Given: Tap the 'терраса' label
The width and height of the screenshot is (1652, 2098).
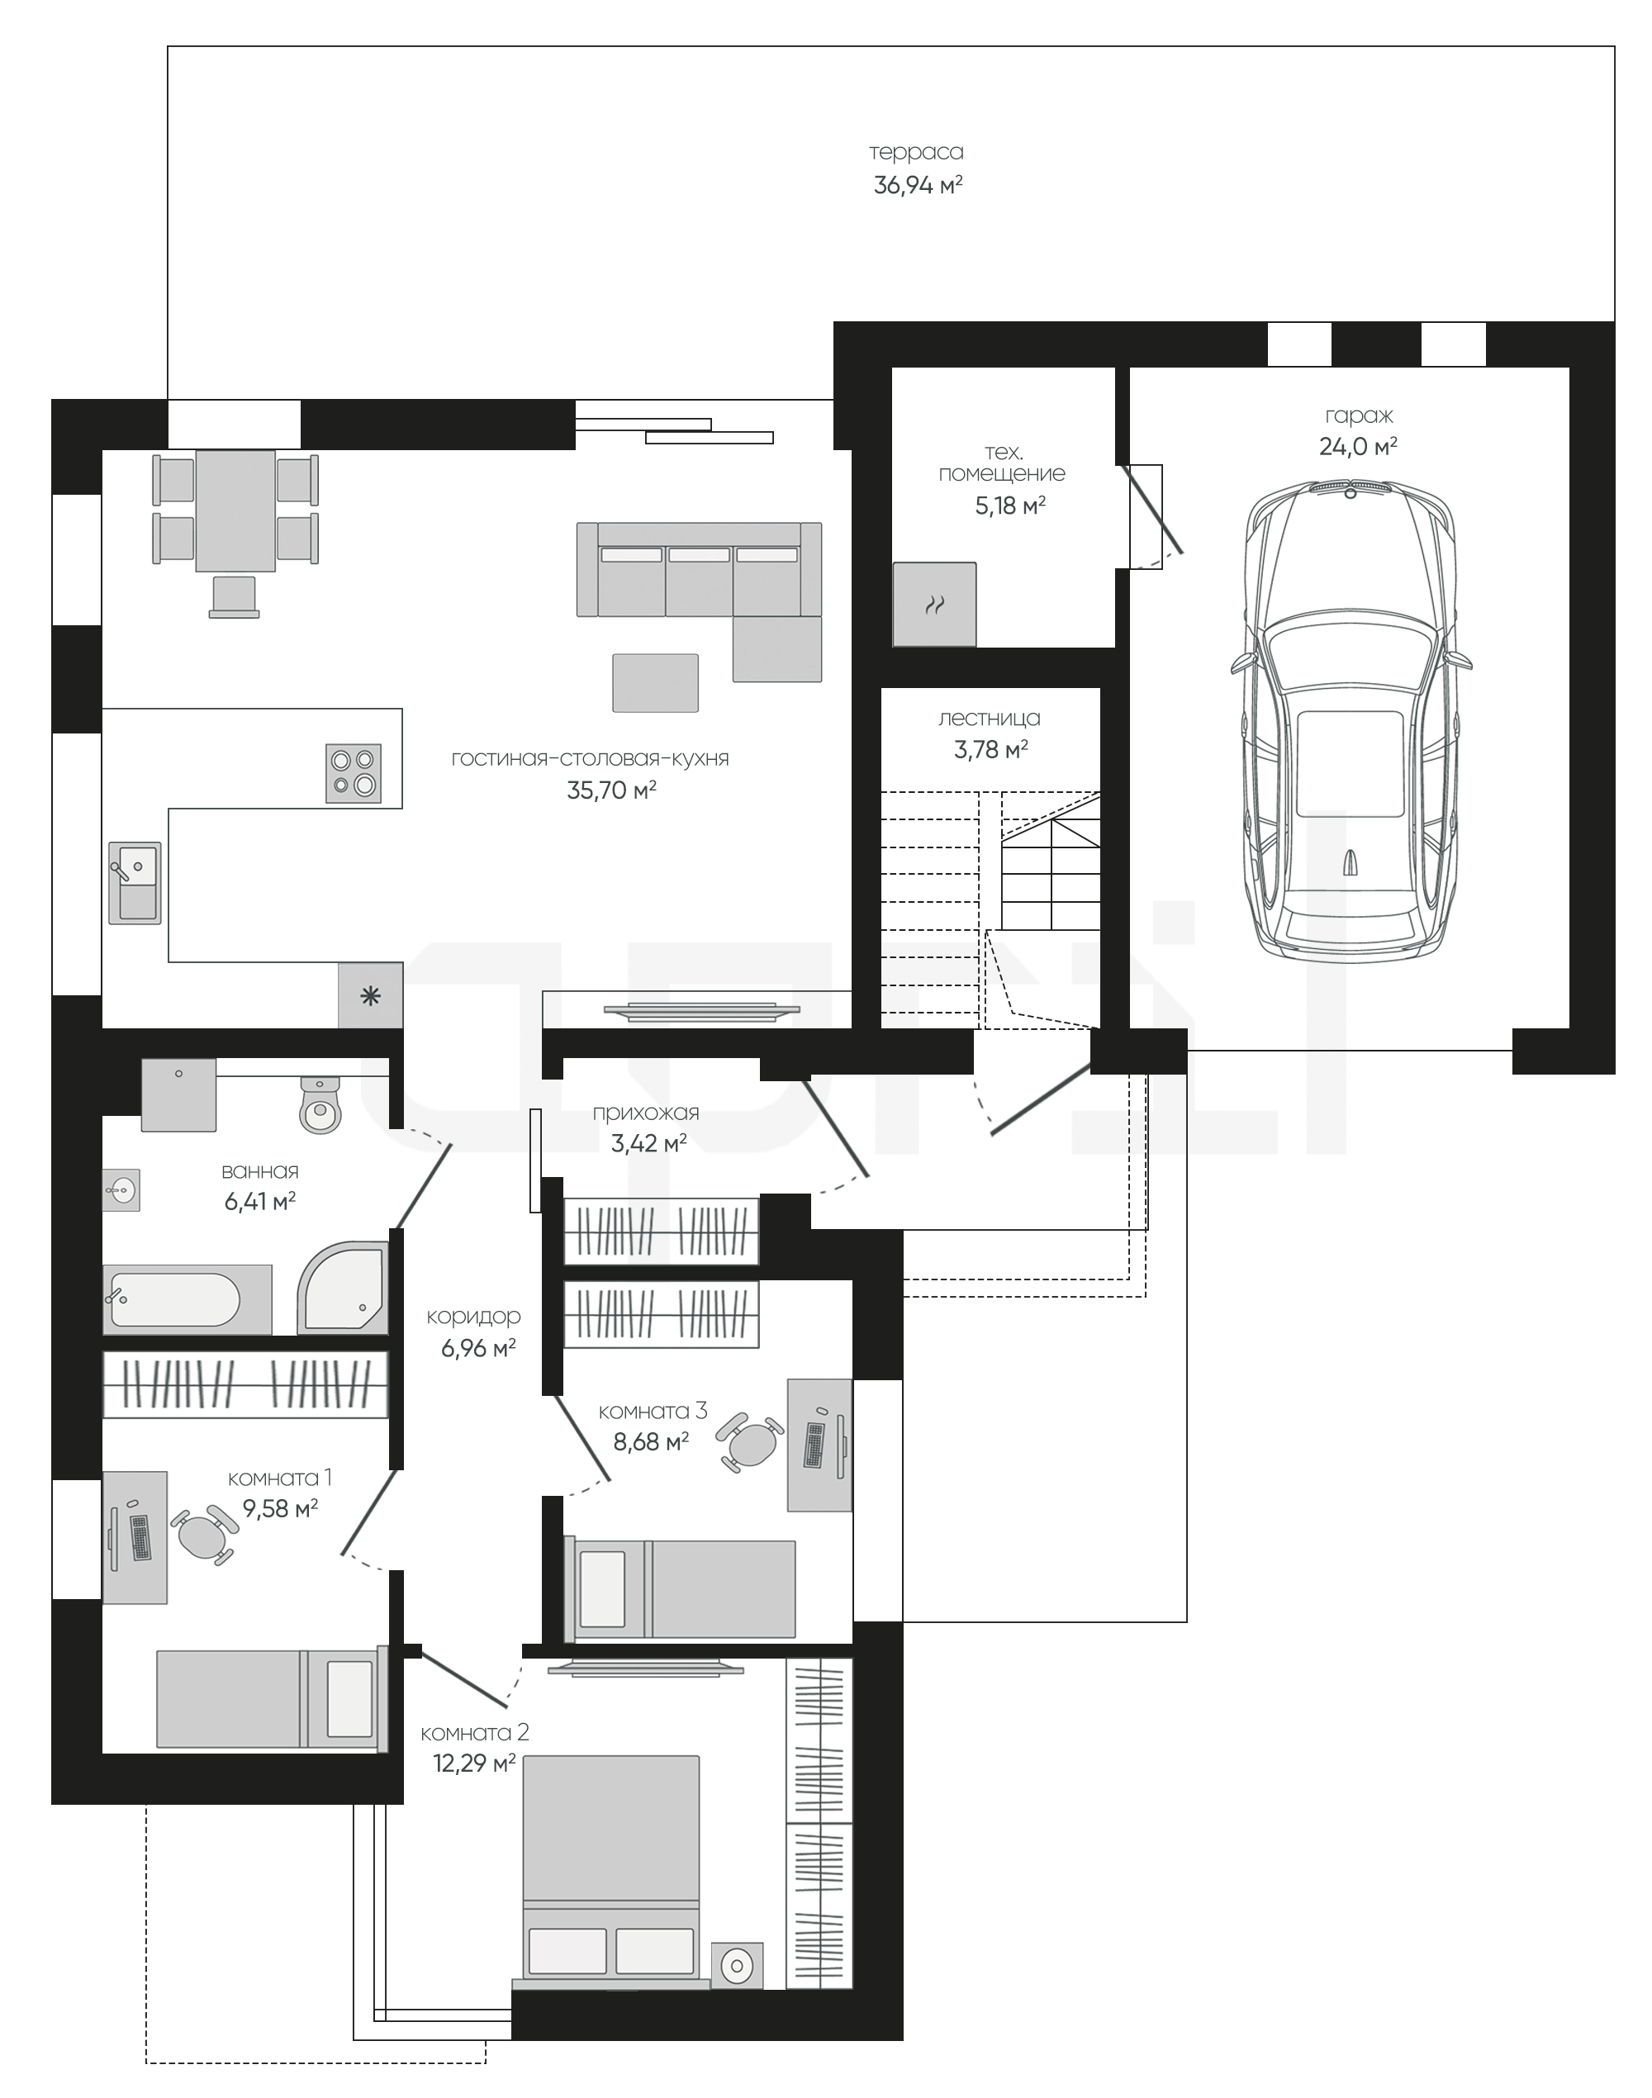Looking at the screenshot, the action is pos(916,152).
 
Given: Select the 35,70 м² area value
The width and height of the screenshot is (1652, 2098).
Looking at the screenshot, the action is pos(611,790).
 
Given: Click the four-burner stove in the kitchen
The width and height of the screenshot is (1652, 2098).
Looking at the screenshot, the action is pos(353,773).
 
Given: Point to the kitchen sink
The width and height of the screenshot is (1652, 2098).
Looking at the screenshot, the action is pos(135,883).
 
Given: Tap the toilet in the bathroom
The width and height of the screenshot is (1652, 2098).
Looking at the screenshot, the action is pos(320,1104).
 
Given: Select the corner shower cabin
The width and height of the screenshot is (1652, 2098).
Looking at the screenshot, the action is pos(343,1286).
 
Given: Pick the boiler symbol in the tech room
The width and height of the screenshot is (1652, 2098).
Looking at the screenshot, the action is pos(934,605).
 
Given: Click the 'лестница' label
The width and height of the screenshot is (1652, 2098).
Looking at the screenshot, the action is pos(989,719).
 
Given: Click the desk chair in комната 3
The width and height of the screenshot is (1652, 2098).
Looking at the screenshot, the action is pos(749,1443).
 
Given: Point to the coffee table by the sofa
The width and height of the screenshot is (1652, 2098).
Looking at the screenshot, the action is pos(655,683).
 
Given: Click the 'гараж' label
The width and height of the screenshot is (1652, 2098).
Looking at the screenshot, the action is pos(1359,416).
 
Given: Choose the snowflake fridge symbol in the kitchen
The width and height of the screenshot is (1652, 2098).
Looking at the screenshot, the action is pos(370,995).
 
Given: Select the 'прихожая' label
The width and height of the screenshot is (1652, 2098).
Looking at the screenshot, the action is pos(645,1113).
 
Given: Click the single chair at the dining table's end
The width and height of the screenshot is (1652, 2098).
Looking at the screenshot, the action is pos(233,596).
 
